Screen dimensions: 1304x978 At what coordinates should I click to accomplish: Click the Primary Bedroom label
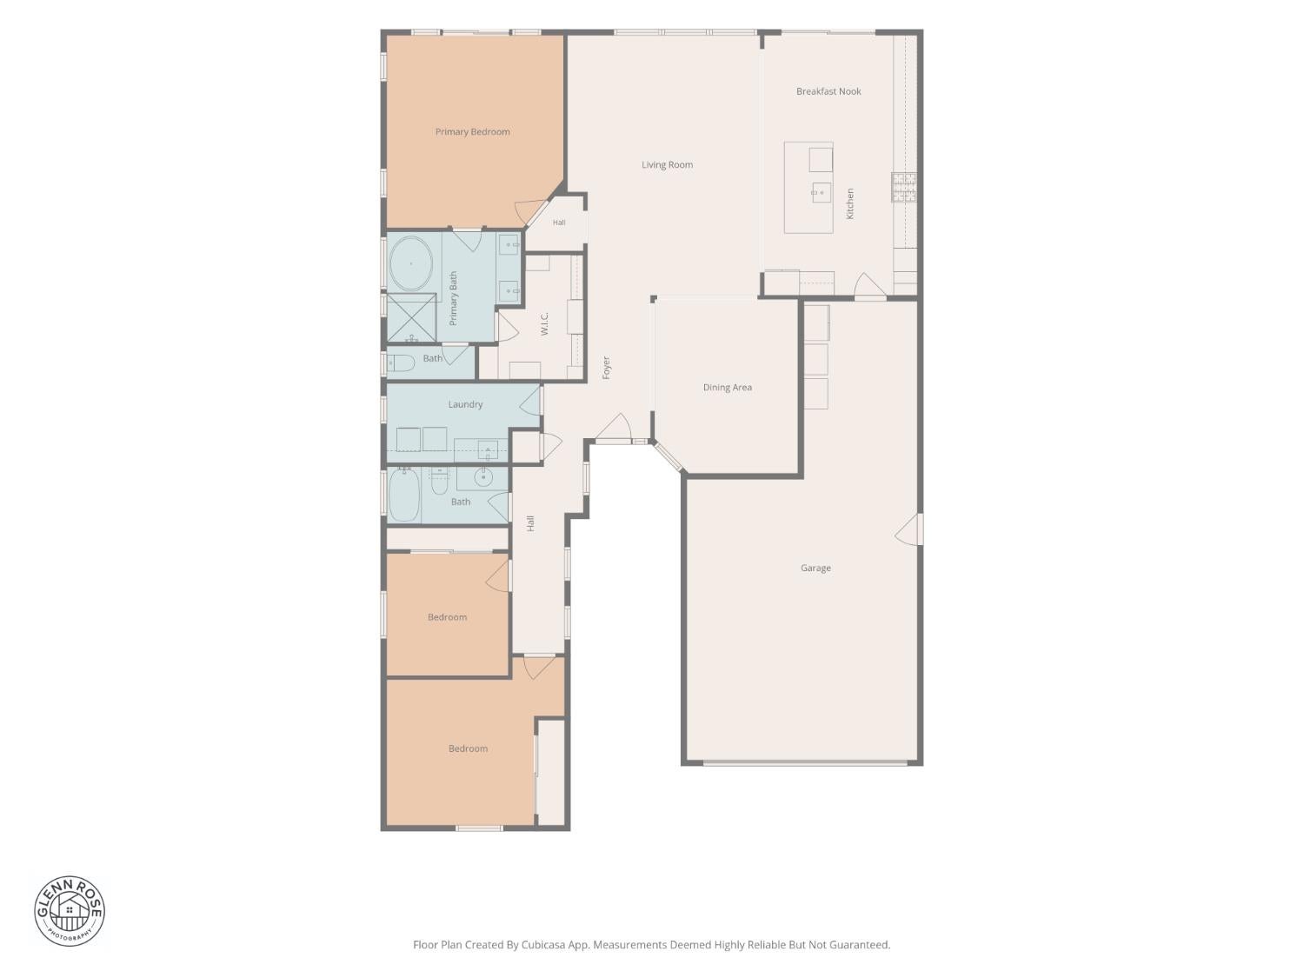472,132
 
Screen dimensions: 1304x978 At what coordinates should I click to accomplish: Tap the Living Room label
667,164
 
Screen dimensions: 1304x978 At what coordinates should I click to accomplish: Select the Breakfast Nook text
828,91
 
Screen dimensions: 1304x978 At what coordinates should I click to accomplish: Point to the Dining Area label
727,387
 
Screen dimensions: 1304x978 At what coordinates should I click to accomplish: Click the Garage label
815,569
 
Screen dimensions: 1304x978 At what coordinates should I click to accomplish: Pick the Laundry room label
465,404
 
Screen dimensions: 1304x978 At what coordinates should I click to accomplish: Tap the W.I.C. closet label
544,324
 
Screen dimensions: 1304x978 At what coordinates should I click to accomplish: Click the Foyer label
606,368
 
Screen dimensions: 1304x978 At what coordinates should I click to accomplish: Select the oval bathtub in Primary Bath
410,263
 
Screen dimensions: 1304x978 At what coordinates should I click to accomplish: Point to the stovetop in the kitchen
903,187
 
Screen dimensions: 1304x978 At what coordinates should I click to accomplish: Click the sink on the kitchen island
822,192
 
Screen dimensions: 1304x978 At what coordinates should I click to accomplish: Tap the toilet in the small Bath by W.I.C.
401,363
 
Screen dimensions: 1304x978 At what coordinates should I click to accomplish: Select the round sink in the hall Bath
483,476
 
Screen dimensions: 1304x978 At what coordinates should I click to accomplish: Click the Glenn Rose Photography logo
70,911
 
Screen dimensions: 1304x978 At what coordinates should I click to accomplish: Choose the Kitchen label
849,203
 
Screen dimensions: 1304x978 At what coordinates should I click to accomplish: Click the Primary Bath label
453,299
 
